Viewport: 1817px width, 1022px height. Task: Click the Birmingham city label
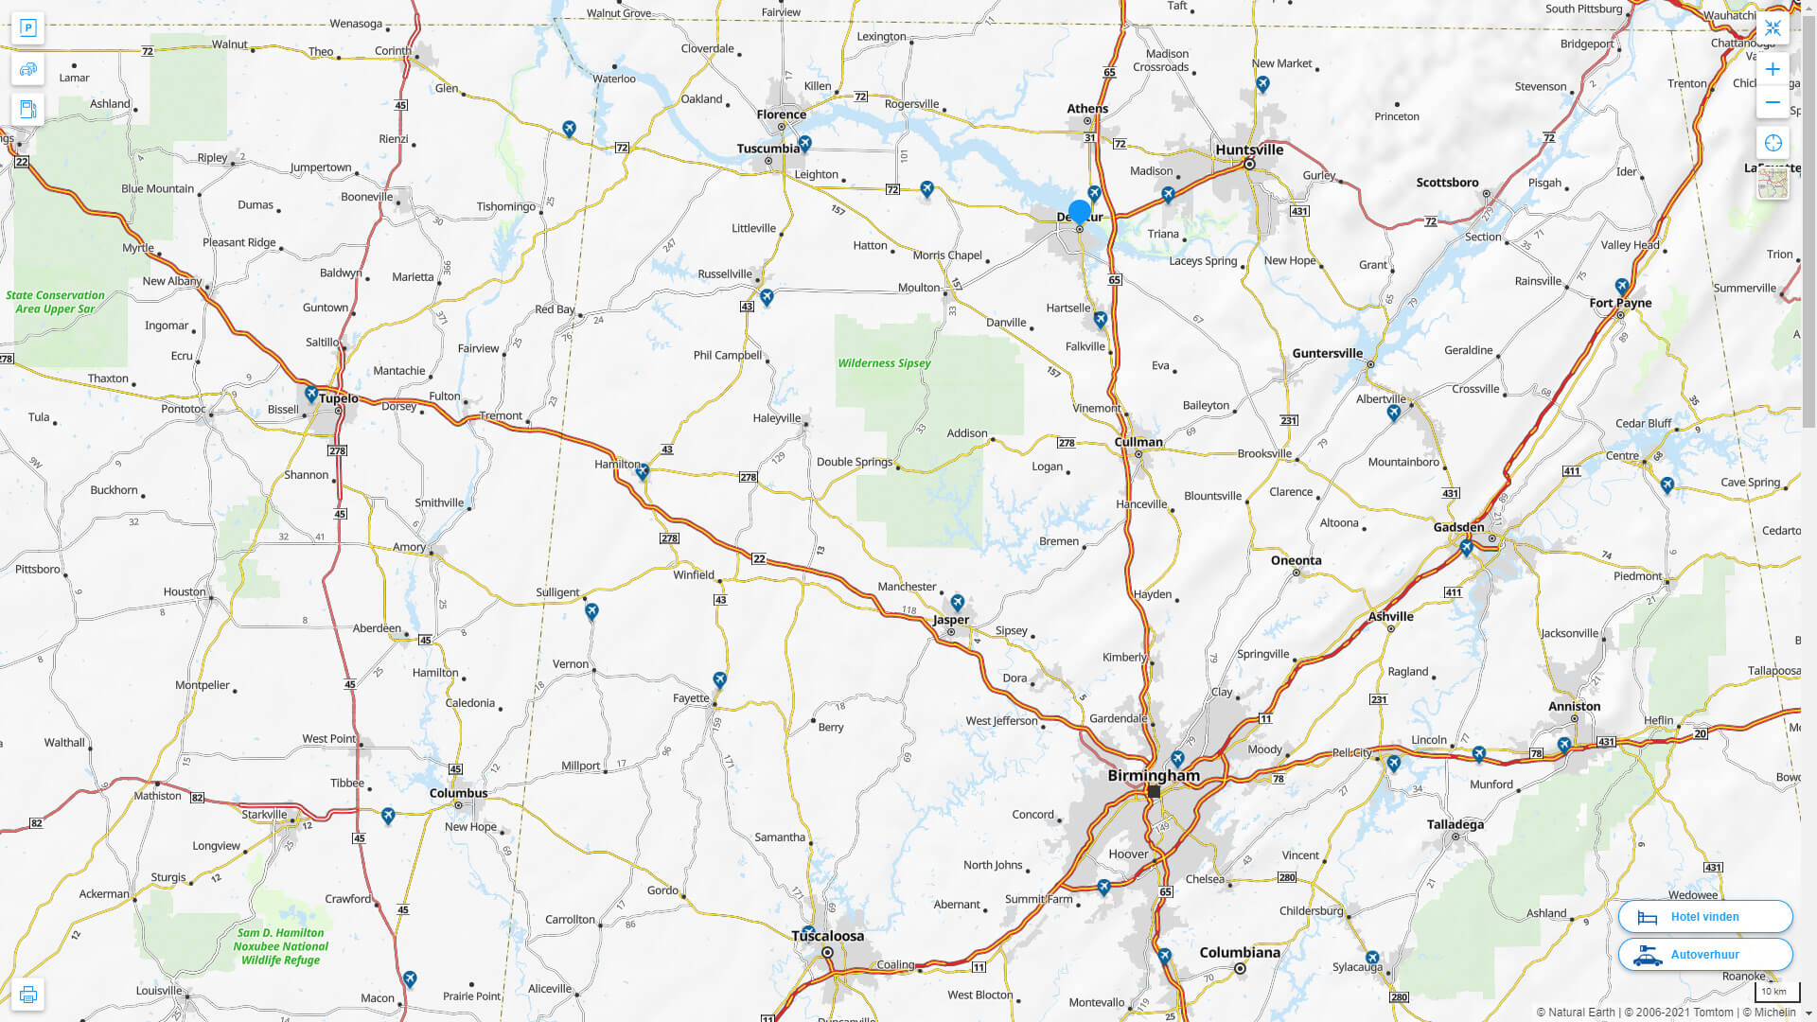pos(1153,775)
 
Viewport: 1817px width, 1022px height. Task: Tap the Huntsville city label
pos(1249,150)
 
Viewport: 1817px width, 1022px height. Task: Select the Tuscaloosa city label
pos(827,936)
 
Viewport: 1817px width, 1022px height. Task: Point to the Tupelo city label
pos(338,398)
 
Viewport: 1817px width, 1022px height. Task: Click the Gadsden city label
pos(1458,527)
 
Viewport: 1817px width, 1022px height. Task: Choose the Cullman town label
pos(1138,442)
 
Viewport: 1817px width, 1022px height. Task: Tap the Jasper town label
pos(951,620)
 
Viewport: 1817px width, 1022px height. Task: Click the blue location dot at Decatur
pos(1080,211)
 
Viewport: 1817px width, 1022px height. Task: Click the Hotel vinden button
pos(1704,917)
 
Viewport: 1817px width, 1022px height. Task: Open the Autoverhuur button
pos(1704,955)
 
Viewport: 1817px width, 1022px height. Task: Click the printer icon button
pos(28,995)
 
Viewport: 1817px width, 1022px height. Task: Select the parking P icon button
pos(28,28)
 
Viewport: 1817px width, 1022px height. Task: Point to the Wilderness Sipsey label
pos(884,363)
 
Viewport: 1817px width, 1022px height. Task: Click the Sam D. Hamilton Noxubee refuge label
pos(280,946)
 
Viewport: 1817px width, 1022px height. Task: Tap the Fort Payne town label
pos(1620,303)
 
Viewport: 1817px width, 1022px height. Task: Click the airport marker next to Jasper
pos(958,602)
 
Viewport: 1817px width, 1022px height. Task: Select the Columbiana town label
pos(1240,952)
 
